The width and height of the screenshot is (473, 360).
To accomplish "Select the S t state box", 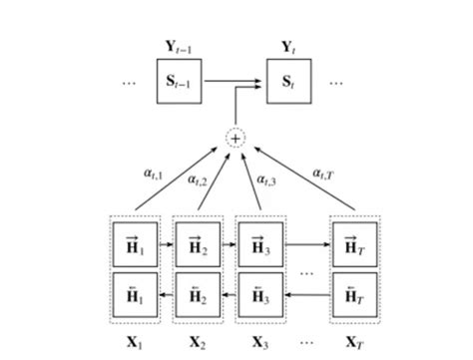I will [290, 82].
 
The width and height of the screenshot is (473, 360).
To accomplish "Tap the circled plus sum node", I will [236, 139].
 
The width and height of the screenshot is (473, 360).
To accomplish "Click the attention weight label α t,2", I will [200, 180].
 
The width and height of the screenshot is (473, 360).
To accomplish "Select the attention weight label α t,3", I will [266, 180].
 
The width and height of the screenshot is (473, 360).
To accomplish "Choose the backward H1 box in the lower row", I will [134, 296].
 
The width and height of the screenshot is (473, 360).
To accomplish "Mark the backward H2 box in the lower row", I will [197, 296].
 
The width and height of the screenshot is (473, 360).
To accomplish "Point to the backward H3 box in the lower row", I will [258, 296].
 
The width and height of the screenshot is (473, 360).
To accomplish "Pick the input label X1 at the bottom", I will [134, 342].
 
